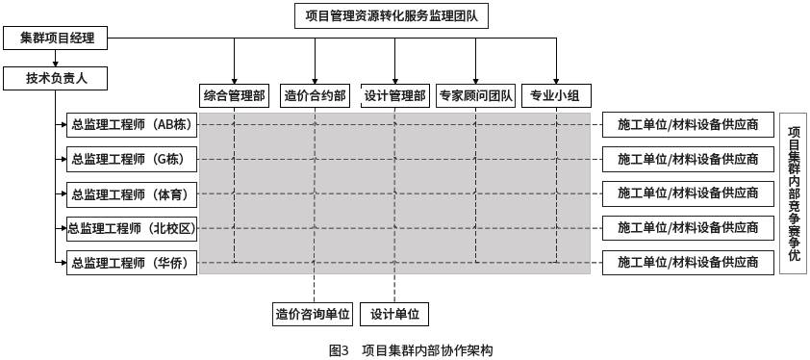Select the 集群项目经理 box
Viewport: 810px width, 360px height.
point(55,39)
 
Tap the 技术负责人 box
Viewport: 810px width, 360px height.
point(55,77)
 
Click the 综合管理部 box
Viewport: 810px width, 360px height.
point(234,95)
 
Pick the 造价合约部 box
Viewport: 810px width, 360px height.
point(315,95)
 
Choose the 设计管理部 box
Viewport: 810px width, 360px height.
point(394,95)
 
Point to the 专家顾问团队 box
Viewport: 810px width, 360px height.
point(475,95)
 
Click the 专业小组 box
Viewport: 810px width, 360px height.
point(556,95)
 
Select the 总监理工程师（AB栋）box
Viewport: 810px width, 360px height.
point(133,124)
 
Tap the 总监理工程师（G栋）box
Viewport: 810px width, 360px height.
point(133,159)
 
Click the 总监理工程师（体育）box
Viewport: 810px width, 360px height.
point(133,193)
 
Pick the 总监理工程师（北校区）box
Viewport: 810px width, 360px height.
point(133,228)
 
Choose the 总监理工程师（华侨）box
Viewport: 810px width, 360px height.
point(133,262)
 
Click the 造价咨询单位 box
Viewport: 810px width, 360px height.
point(314,314)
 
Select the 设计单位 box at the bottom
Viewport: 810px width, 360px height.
point(394,314)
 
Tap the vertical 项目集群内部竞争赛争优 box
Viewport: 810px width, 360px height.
point(793,193)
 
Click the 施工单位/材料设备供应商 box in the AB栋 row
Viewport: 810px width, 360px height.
point(688,124)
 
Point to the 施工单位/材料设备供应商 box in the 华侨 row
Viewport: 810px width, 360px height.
point(688,262)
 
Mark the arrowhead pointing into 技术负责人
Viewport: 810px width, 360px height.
point(55,64)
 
